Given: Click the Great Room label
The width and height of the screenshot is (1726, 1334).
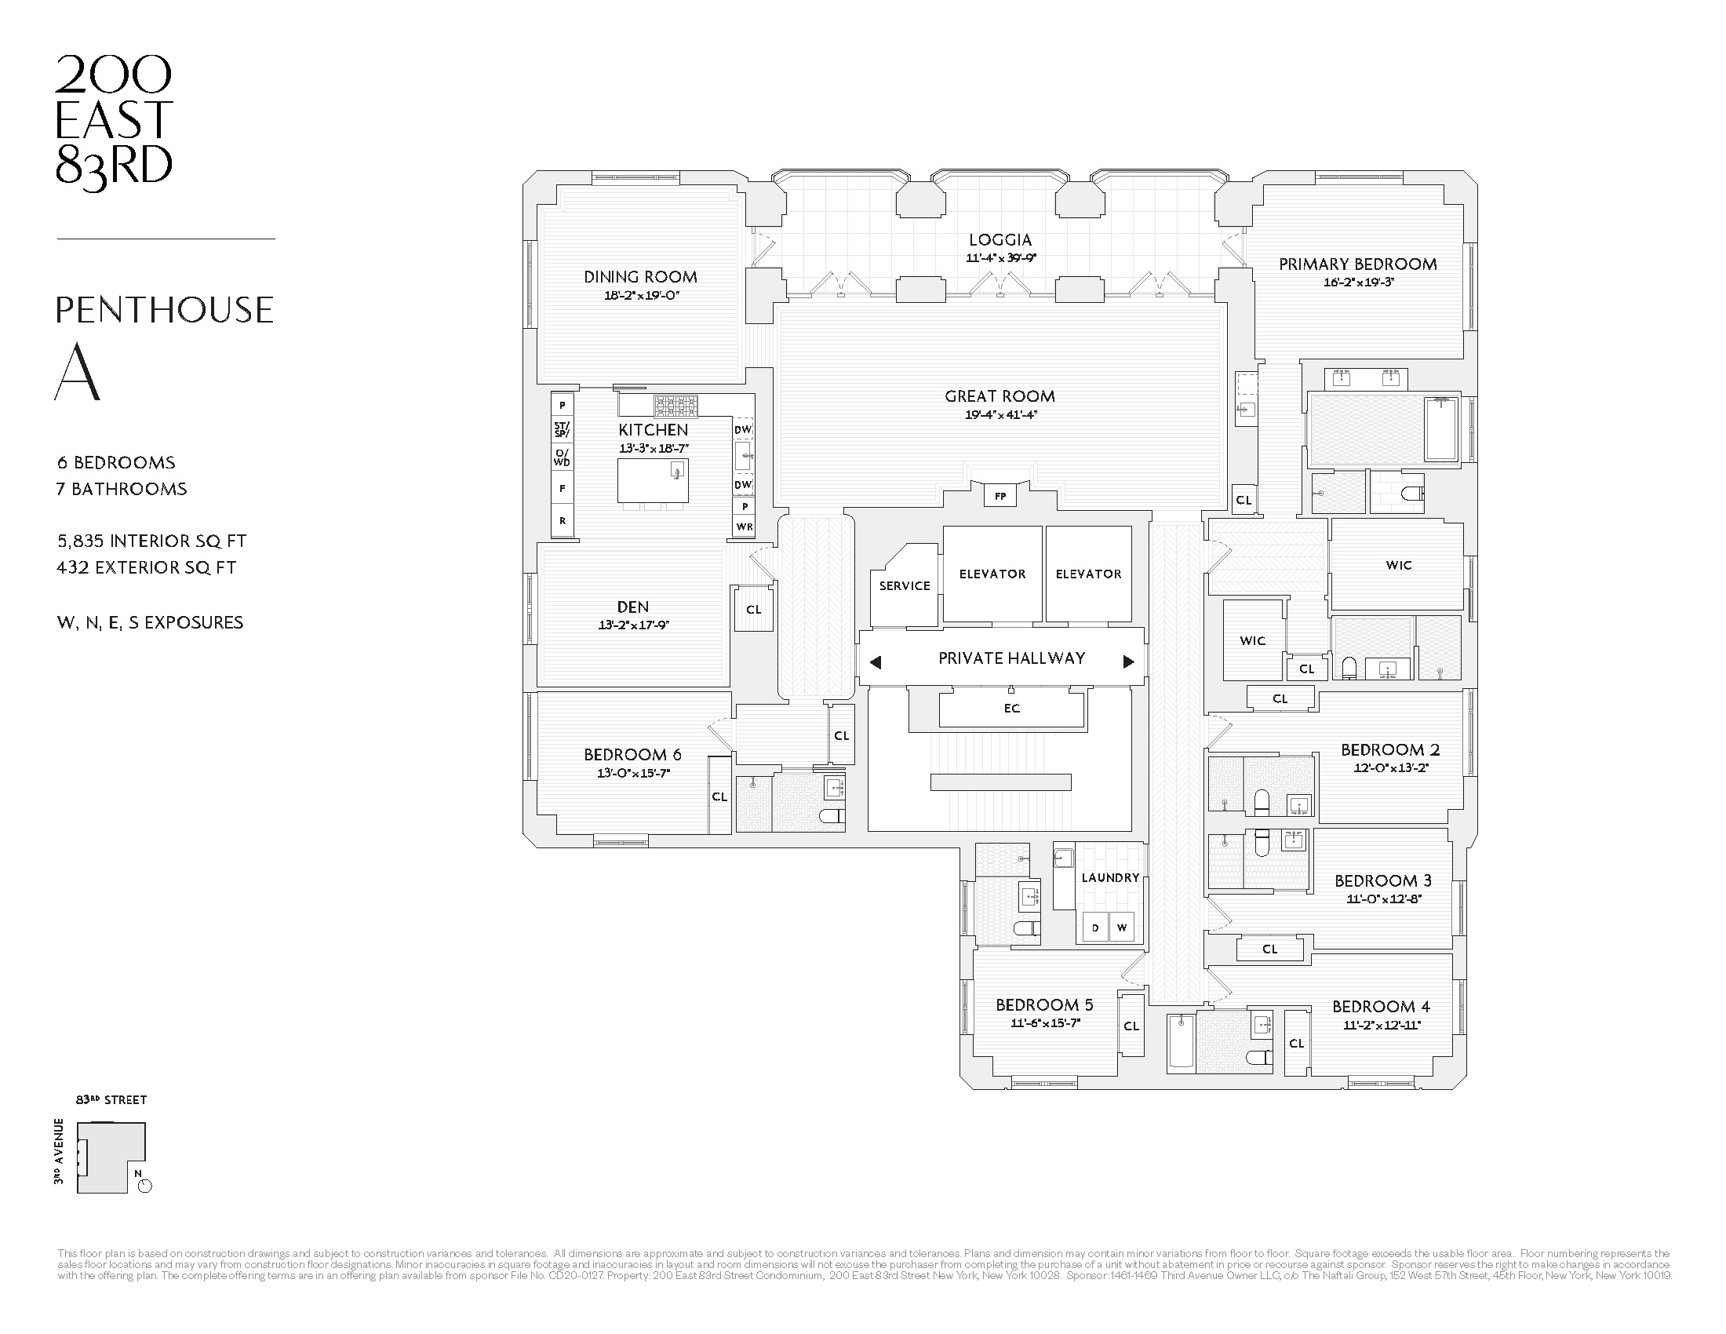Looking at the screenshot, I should point(1000,397).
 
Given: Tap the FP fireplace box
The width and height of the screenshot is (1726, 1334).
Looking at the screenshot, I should point(1000,497).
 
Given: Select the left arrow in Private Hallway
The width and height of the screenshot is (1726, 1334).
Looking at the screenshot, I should point(876,662).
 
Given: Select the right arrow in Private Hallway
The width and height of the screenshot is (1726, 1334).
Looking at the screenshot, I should point(1128,662).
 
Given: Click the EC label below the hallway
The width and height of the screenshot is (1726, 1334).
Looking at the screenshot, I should point(1011,709).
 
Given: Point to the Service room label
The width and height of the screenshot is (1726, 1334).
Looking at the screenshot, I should point(904,585).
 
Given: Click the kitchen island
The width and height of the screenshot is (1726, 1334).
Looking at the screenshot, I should point(653,480).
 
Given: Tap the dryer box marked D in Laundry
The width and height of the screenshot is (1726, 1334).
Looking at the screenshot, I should point(1094,928).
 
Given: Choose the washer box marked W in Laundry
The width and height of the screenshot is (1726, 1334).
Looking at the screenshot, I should point(1121,928).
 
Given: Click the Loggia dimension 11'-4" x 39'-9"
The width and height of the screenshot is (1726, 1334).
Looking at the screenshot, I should point(1000,258).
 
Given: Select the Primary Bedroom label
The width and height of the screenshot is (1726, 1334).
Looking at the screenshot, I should point(1357,264).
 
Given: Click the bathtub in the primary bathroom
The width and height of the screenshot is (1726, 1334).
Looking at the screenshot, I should point(1440,428).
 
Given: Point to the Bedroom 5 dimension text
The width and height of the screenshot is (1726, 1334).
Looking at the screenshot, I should point(1045,1022).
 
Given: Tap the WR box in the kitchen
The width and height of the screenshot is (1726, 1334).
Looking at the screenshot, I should point(744,527).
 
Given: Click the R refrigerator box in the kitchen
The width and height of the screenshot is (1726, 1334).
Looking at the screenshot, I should point(563,521).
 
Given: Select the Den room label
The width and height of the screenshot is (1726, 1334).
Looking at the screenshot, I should point(632,607).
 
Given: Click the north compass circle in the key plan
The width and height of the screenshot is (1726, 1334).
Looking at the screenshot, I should point(144,1186).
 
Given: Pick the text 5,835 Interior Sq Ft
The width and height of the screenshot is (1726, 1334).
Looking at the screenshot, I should point(151,541).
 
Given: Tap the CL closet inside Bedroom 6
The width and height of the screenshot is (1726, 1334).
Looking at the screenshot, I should point(719,796).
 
